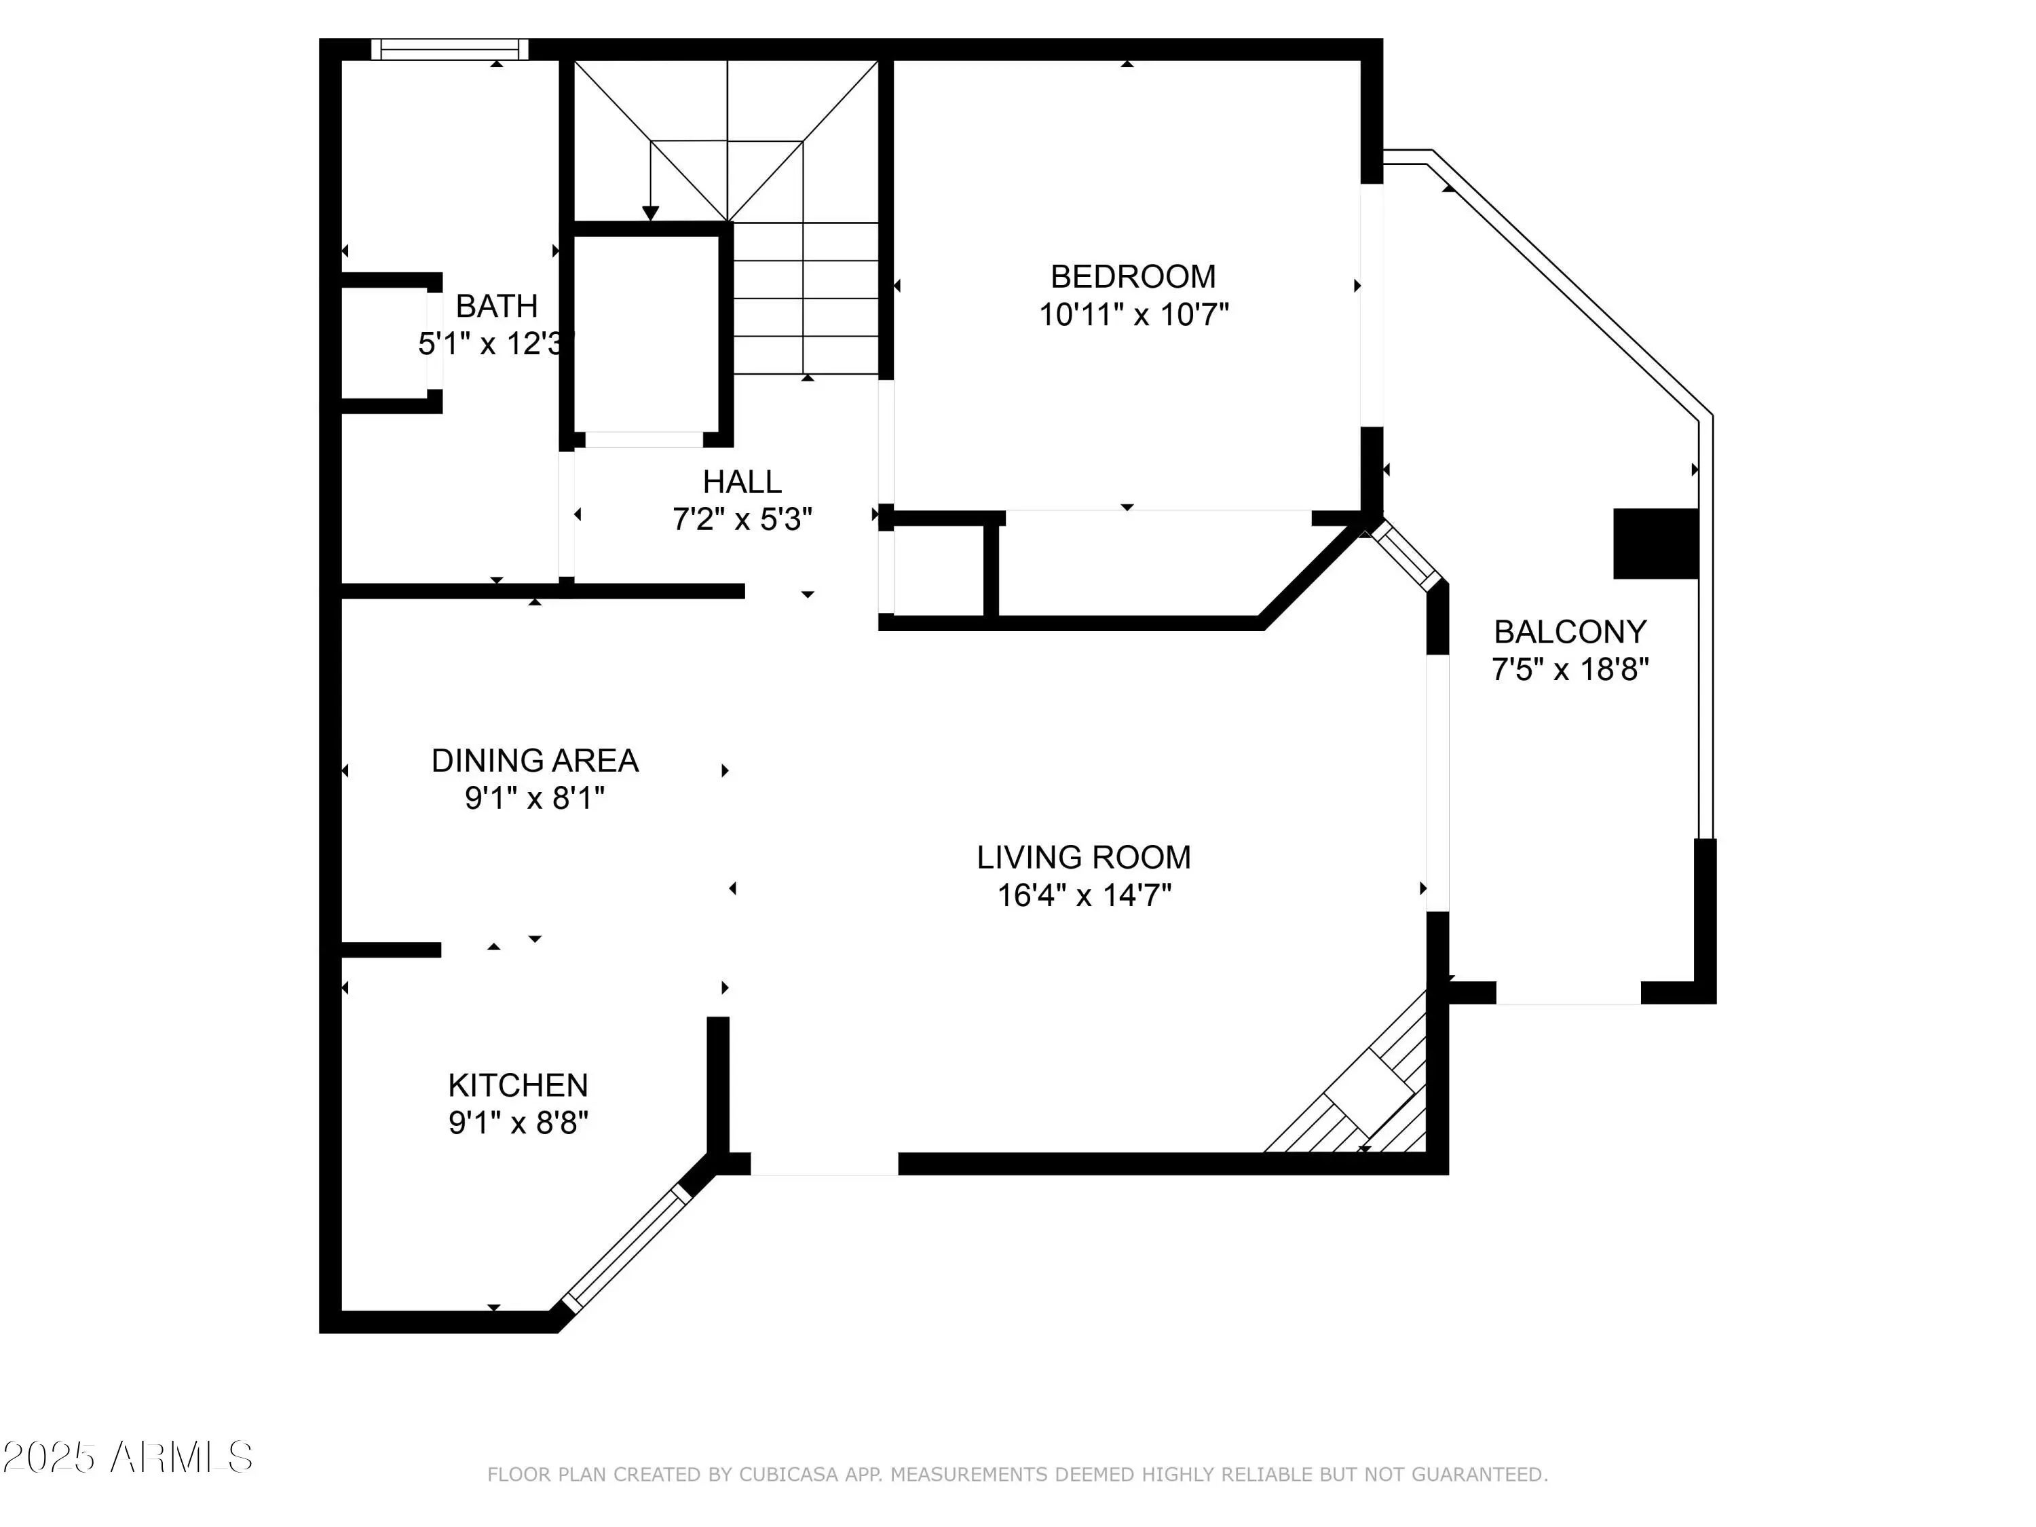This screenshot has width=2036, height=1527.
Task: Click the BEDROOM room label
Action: [1133, 276]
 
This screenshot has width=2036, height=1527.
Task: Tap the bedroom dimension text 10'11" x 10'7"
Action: [1134, 315]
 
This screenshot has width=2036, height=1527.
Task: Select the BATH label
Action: [496, 305]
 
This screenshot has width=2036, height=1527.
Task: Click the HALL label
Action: [742, 481]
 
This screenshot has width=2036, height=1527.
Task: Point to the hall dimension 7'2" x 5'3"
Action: [742, 520]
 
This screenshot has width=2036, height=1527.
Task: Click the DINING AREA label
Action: [535, 760]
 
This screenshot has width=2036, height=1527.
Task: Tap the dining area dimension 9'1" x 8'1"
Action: [535, 798]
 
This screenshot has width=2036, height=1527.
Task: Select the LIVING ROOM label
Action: [1083, 857]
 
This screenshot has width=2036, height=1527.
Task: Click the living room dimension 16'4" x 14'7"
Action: [1085, 894]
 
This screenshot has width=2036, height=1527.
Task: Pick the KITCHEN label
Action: [519, 1085]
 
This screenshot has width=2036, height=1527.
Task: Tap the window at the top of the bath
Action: [450, 50]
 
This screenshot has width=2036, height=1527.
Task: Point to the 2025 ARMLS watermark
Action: [127, 1458]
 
